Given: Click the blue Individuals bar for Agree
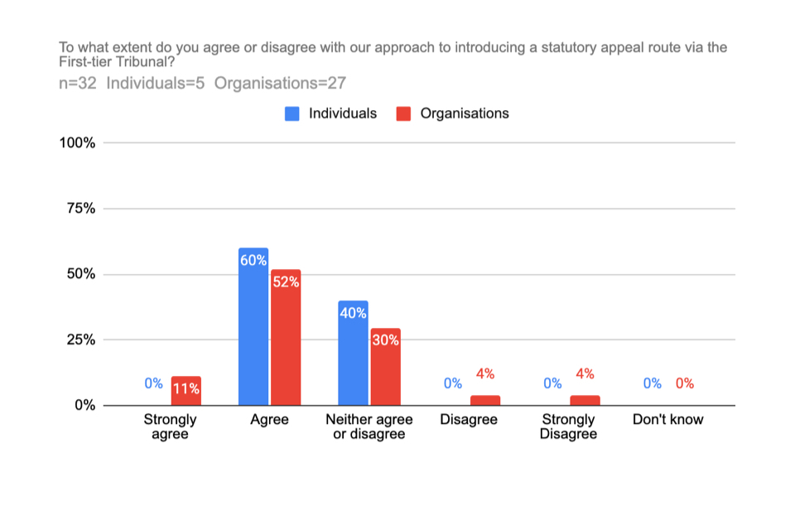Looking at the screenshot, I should (253, 331).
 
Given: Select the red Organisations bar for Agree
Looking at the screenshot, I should (285, 340).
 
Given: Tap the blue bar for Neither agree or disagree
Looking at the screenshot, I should (353, 356).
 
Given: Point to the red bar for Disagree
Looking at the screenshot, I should (485, 401).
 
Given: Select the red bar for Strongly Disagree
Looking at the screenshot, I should (585, 401).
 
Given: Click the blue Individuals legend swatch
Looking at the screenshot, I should (292, 113).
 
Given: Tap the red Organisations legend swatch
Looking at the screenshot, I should (404, 113).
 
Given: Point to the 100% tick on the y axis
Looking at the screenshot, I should (78, 143).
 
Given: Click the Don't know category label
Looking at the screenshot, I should (667, 420).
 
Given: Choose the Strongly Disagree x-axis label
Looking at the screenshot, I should (568, 426).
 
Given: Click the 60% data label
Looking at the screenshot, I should (253, 260).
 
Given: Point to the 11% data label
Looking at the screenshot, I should (186, 388).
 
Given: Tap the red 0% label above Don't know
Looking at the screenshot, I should (684, 383).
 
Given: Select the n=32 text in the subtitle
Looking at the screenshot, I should (79, 83).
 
